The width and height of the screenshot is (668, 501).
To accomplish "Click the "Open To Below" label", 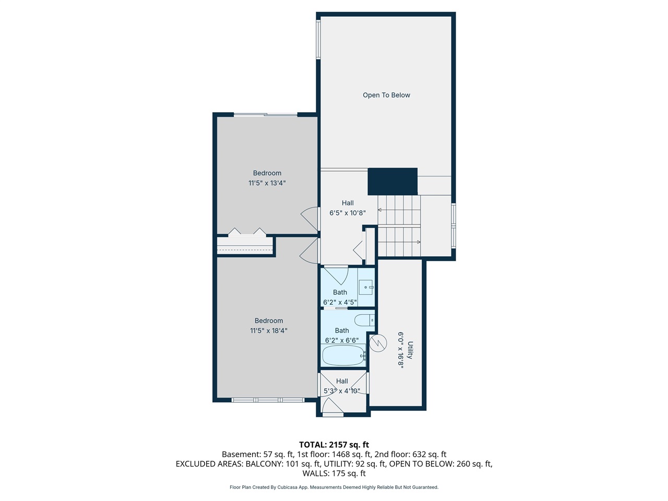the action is tap(386, 95).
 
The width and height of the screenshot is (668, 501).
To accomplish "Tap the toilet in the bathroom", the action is tap(365, 320).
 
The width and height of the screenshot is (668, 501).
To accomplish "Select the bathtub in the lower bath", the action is tap(343, 355).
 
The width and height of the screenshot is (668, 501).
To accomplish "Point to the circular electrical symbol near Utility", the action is tap(378, 343).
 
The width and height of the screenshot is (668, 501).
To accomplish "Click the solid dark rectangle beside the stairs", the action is tap(392, 181).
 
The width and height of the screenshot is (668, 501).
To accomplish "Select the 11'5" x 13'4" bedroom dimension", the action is tap(267, 183).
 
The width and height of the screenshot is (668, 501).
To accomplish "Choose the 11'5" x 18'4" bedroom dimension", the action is tap(269, 331).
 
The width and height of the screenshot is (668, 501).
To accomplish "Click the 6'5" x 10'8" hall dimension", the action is tap(348, 213).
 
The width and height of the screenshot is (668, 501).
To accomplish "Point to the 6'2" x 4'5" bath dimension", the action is tap(340, 302).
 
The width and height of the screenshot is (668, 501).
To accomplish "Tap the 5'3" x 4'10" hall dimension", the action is tap(342, 391).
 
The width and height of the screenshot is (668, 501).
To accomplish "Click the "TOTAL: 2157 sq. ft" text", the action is tap(334, 445).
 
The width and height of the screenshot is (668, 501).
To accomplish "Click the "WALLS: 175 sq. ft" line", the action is tap(334, 473).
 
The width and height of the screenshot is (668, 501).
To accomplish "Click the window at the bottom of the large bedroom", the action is tap(268, 400).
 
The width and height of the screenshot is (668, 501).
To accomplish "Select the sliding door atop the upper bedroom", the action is tap(266, 115).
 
